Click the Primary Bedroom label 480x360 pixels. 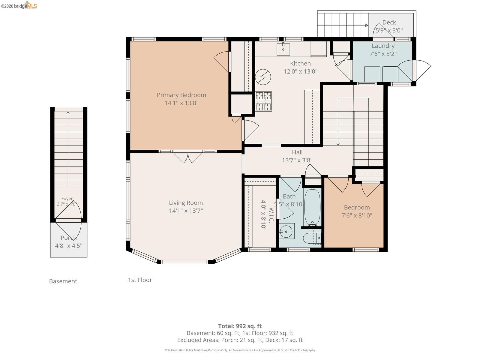pos(181,95)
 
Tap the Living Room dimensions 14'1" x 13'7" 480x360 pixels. pos(186,211)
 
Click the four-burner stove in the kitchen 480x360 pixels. pos(264,101)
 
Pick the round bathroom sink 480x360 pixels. pos(287,231)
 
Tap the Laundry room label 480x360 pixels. pos(383,46)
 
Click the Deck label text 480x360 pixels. pos(389,22)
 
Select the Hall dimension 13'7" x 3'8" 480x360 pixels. pos(297,160)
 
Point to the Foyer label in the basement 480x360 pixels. pos(67,199)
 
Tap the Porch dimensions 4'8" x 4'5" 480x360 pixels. pos(69,246)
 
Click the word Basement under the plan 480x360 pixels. pos(63,281)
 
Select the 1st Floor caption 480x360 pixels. pos(140,280)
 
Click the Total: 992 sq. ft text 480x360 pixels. pos(240,326)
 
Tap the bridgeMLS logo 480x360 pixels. pos(19,5)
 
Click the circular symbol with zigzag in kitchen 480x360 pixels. pos(263,77)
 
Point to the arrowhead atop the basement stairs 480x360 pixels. pos(68,113)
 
